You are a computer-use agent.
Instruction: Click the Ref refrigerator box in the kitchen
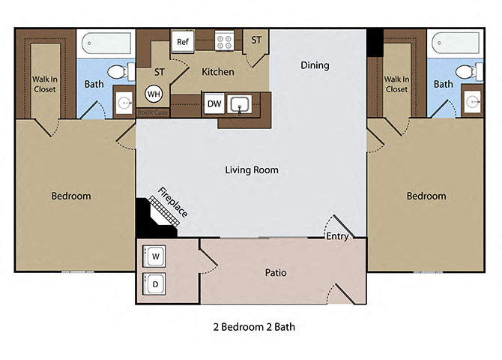tap(183, 42)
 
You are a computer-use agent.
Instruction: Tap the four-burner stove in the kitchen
tap(223, 40)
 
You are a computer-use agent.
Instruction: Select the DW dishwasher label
tap(214, 103)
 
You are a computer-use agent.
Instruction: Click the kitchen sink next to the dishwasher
tap(241, 104)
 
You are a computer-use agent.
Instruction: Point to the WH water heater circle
tap(154, 94)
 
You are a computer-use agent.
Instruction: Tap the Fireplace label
tap(172, 200)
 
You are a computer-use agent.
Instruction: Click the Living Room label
tap(251, 170)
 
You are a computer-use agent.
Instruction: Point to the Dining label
tap(315, 65)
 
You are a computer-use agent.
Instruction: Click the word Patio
tap(275, 273)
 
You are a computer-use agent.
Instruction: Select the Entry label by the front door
tap(336, 236)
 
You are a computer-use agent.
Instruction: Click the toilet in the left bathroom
tap(116, 72)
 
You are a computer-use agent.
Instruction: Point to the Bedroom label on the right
tap(426, 196)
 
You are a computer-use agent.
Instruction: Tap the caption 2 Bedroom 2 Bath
tap(250, 328)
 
